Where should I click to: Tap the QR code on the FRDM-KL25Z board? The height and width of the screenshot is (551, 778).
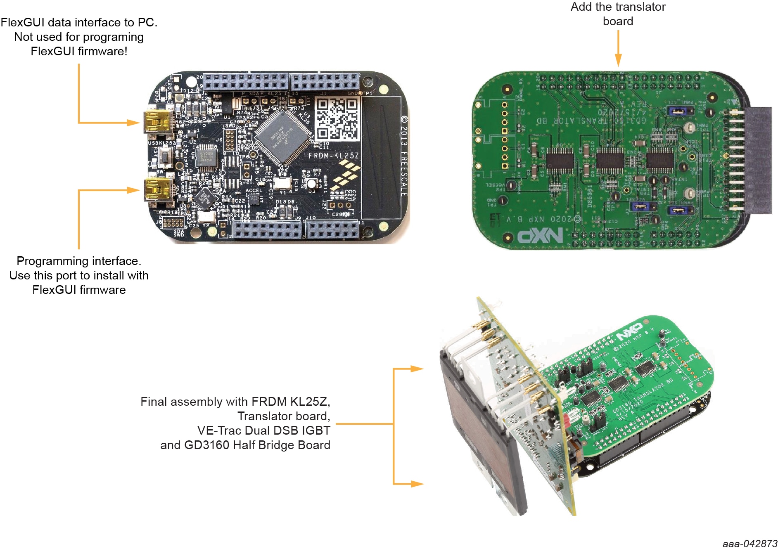(337, 118)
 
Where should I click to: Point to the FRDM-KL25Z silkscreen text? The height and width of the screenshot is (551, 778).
(334, 156)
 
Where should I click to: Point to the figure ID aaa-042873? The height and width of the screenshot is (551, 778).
(750, 544)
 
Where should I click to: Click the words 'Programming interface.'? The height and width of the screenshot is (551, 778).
(79, 261)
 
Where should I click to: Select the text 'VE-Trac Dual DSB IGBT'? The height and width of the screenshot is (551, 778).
(263, 430)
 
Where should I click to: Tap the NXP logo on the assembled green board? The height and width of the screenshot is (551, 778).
(629, 331)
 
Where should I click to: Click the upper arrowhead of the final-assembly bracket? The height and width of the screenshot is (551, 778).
(417, 369)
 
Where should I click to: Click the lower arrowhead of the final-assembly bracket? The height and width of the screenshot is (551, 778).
(417, 484)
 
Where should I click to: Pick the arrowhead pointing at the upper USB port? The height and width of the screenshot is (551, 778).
(133, 123)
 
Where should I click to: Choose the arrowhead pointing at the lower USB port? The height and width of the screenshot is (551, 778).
(133, 190)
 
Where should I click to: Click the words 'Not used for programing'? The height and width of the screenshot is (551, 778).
(79, 37)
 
